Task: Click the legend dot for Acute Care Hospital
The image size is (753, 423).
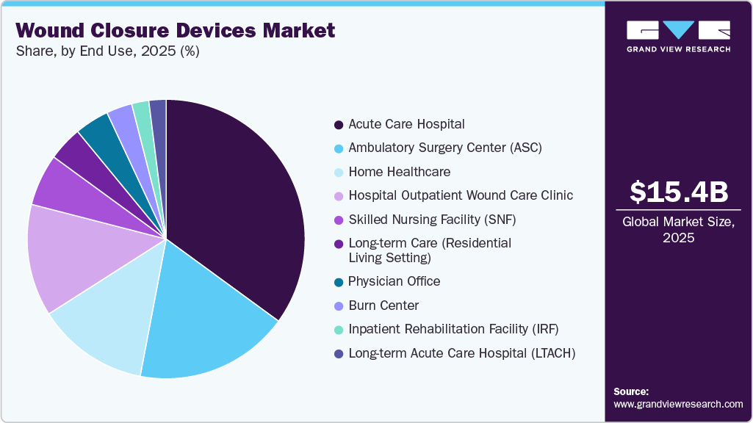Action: (x=338, y=125)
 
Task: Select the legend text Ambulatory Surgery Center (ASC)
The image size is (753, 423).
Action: (x=444, y=148)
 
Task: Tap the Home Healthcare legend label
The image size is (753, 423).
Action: (x=399, y=172)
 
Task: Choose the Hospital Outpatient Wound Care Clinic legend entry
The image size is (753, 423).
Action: (x=460, y=195)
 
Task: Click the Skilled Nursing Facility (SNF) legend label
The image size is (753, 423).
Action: (x=427, y=220)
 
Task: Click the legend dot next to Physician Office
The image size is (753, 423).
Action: (x=338, y=281)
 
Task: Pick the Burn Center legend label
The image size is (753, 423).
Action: (x=384, y=305)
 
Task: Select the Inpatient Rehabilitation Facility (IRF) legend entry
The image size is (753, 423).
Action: (x=453, y=329)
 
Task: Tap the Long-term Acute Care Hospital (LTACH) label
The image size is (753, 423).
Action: (x=461, y=353)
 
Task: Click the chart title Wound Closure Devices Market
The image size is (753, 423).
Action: (x=175, y=30)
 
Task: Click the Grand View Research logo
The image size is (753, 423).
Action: (x=678, y=36)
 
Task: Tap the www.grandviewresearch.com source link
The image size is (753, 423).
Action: (x=678, y=404)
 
